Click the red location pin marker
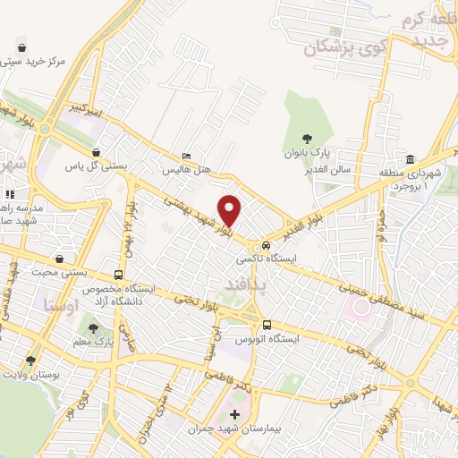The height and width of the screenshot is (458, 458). click(x=231, y=210)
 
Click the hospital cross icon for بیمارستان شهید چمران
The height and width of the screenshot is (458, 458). click(x=235, y=415)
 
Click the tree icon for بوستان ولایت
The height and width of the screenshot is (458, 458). click(x=32, y=360)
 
